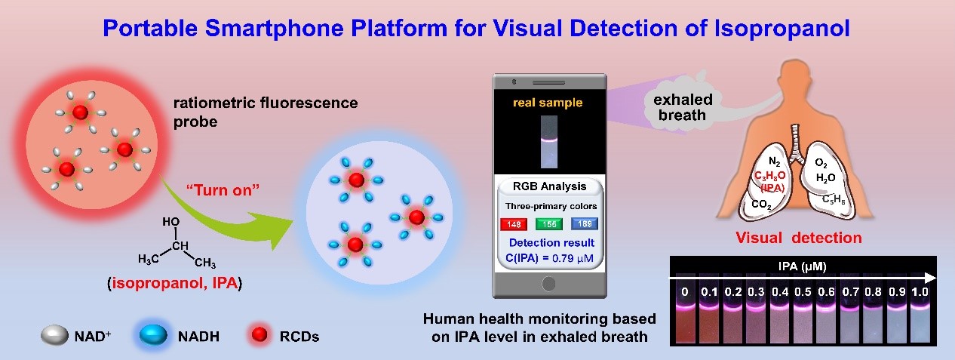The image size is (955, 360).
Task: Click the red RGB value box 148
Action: point(514,224)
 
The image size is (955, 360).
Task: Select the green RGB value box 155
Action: point(548,224)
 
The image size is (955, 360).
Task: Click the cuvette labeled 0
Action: point(684,309)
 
